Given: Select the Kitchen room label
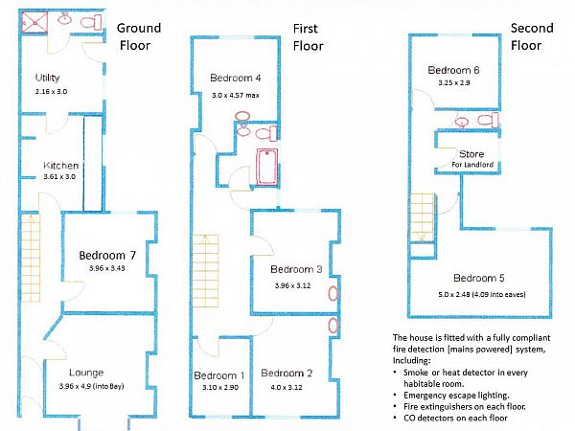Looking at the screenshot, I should click(60, 166).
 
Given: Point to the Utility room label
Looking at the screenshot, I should click(48, 78).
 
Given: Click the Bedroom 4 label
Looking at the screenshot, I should click(235, 79).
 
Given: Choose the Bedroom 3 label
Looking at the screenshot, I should click(295, 269).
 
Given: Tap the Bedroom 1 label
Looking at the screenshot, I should click(219, 374).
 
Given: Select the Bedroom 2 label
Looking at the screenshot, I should click(287, 374).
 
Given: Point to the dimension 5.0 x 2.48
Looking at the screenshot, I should click(479, 294).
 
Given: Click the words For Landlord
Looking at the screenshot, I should click(470, 164).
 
